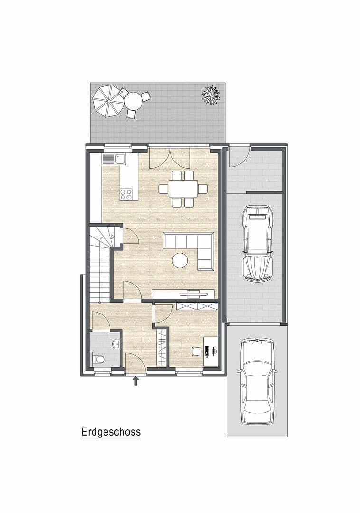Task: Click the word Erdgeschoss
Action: click(x=111, y=432)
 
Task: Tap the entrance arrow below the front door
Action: click(x=136, y=380)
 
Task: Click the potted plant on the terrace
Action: click(x=211, y=95)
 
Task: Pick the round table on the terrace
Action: click(x=133, y=101)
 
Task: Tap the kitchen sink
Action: click(x=121, y=159)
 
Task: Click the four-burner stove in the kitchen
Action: click(x=126, y=194)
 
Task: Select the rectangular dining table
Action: click(x=183, y=189)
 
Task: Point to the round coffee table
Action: click(x=180, y=260)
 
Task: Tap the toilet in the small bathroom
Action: click(x=98, y=359)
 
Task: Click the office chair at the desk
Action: click(x=197, y=351)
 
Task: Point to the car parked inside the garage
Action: click(x=257, y=242)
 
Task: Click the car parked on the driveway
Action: click(x=257, y=380)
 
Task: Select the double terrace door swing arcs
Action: click(x=170, y=158)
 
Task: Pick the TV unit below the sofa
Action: click(x=183, y=294)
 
